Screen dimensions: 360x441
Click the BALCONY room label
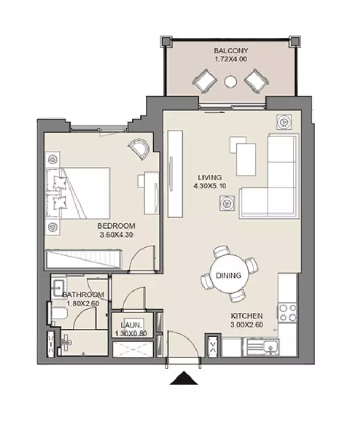pyautogui.click(x=231, y=51)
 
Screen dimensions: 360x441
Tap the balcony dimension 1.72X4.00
pyautogui.click(x=231, y=59)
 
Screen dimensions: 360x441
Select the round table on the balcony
pyautogui.click(x=231, y=82)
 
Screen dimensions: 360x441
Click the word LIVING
pyautogui.click(x=209, y=177)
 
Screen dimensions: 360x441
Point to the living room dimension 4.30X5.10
pyautogui.click(x=210, y=186)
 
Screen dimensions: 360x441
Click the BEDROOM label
pyautogui.click(x=116, y=225)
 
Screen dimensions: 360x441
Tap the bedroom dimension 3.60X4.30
pyautogui.click(x=116, y=234)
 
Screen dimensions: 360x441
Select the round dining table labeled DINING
pyautogui.click(x=229, y=275)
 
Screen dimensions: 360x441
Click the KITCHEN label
pyautogui.click(x=247, y=316)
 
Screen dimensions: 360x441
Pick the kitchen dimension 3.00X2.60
pyautogui.click(x=247, y=325)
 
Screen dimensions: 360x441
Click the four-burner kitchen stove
pyautogui.click(x=287, y=312)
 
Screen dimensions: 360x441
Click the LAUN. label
pyautogui.click(x=131, y=325)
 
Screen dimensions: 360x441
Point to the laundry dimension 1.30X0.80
pyautogui.click(x=131, y=334)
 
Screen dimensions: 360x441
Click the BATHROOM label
pyautogui.click(x=83, y=295)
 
